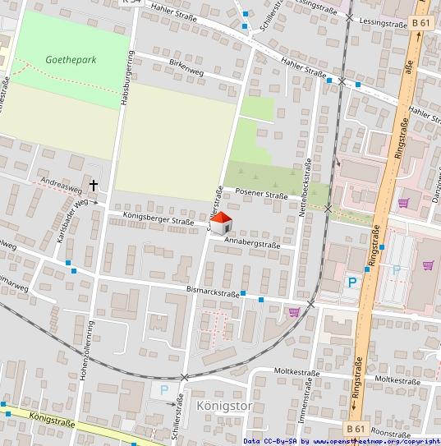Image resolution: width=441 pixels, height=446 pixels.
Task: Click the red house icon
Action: [221, 222]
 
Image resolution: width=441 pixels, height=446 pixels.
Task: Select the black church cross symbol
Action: [94, 186]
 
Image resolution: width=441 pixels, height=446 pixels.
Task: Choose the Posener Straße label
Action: [261, 195]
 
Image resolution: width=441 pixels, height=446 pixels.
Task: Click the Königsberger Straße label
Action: [158, 220]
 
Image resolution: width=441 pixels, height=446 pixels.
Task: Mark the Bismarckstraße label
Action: [212, 293]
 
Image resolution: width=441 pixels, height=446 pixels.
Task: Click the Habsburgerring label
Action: [129, 77]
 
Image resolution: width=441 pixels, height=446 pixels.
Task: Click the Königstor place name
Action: [218, 406]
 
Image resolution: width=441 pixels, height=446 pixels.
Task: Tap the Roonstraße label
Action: [390, 430]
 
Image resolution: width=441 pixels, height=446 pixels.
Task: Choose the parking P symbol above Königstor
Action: [163, 389]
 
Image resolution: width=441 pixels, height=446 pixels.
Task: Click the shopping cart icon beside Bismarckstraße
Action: [294, 311]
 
